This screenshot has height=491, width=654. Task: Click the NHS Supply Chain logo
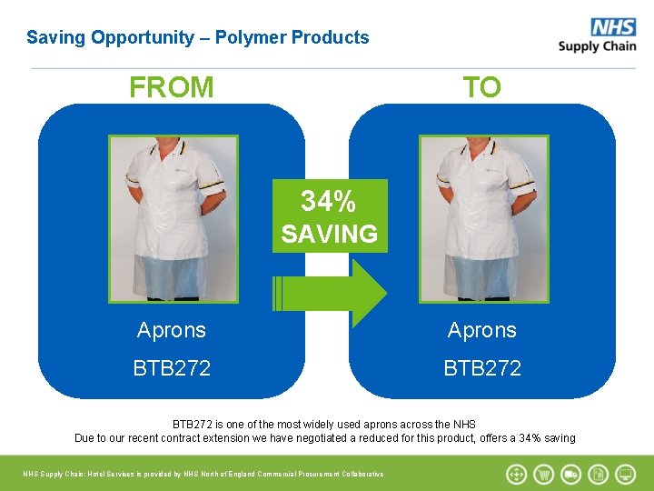597,35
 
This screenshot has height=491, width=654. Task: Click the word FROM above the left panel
172,87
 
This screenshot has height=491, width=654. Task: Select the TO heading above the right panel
481,87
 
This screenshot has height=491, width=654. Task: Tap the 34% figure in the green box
329,200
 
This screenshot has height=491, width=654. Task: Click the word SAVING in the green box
329,234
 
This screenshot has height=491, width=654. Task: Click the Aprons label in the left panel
172,330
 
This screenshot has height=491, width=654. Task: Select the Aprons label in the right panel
481,330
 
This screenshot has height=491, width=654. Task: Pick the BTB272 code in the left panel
172,368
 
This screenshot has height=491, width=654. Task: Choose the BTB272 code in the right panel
481,368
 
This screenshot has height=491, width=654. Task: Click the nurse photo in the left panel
173,218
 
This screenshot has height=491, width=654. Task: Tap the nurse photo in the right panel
483,218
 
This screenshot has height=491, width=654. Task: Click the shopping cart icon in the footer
544,474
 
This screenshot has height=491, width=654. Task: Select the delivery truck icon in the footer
571,474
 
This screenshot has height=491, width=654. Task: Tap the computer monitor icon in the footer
626,474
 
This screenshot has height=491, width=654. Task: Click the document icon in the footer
599,474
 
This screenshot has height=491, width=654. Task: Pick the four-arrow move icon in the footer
516,474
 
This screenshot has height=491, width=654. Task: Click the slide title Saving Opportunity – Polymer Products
198,37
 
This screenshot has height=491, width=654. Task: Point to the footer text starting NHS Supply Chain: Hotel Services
203,474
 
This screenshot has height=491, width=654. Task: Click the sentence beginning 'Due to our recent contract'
324,438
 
